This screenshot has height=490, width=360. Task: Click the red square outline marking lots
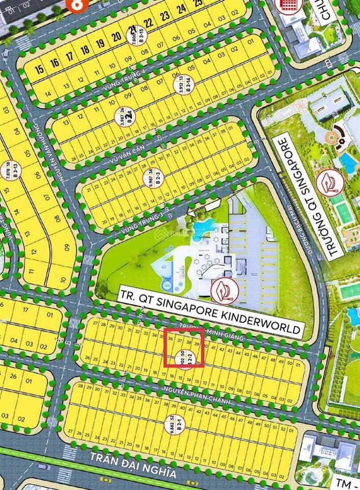coord(184,347)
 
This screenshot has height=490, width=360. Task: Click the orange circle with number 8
coord(77,4)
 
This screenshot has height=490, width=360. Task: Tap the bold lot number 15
coord(39,70)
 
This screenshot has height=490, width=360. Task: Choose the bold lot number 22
coord(148,22)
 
